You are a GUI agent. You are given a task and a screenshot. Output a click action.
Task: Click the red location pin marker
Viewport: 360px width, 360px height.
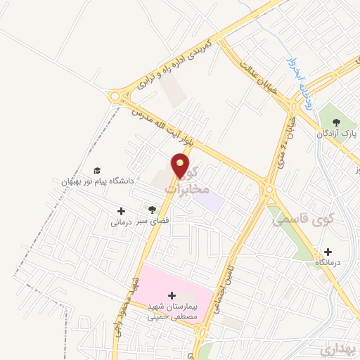pos(181,165)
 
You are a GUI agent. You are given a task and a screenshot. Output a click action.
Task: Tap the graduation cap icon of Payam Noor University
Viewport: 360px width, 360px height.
pos(97,171)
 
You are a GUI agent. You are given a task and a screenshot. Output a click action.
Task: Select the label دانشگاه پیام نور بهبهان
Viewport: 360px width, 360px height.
pos(95,181)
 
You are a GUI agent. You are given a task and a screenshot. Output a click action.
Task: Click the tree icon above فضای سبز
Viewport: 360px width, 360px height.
pos(152,210)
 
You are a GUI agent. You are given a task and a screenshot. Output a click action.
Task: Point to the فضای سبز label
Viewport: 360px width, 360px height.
pos(152,221)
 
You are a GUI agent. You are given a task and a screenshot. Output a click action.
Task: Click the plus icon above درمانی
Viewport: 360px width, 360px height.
pos(121,210)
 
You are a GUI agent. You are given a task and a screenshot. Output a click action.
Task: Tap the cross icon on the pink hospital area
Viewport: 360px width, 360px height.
pos(172,295)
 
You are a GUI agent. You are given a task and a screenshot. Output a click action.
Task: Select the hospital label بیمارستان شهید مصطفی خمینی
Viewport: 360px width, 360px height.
pos(172,311)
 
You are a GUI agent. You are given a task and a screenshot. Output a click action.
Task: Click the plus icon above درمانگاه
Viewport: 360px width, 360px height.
pos(328,251)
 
